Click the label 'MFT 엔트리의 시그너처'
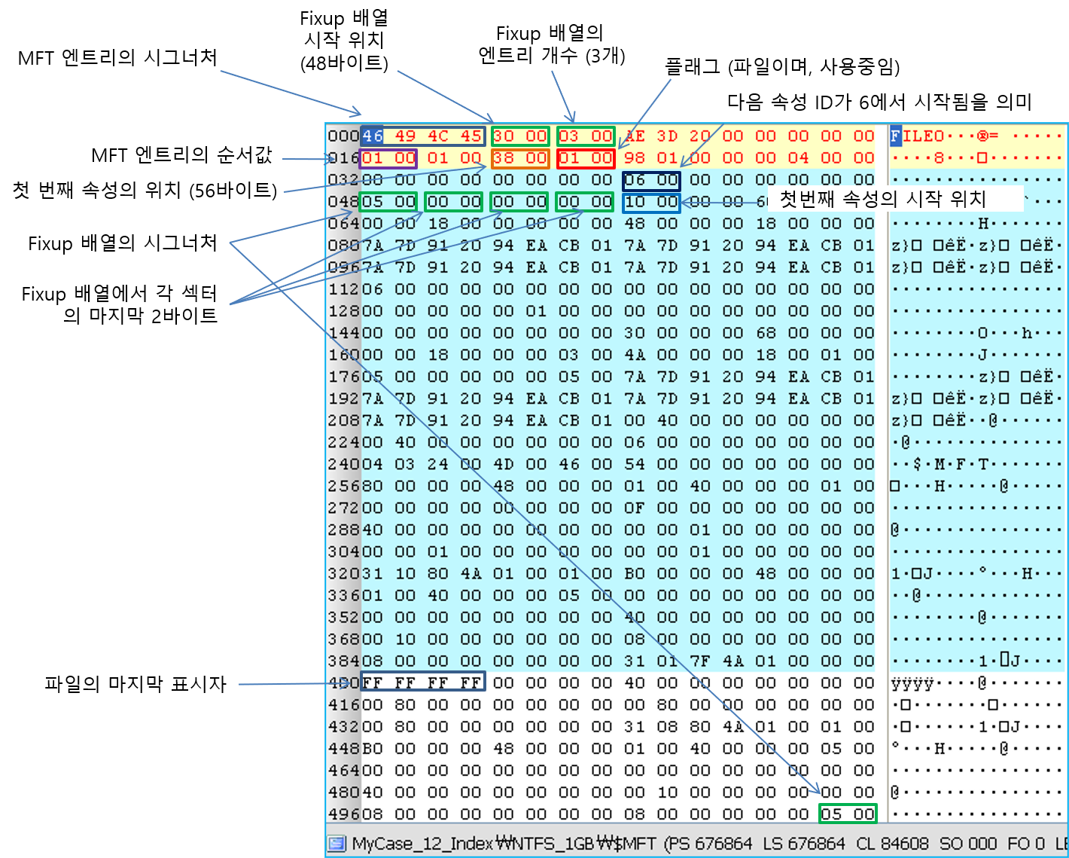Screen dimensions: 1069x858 click(117, 57)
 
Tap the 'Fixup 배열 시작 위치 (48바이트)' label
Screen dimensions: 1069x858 click(344, 41)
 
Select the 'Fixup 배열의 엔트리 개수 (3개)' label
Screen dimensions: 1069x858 click(551, 44)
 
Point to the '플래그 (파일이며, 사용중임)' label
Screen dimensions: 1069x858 click(782, 66)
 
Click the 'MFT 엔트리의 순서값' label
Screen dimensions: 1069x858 click(181, 156)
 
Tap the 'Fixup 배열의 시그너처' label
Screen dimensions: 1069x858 click(123, 243)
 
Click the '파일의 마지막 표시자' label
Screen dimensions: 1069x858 click(136, 684)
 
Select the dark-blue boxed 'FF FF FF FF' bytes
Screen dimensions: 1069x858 click(422, 682)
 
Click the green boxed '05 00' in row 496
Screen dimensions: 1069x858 click(848, 814)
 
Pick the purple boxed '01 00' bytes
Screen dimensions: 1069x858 click(388, 158)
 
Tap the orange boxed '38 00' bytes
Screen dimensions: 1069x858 click(520, 158)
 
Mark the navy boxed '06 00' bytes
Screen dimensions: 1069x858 click(651, 180)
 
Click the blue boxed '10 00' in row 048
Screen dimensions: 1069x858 click(651, 202)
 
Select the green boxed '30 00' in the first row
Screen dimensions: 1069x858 click(520, 136)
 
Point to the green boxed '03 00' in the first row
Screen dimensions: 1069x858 click(586, 136)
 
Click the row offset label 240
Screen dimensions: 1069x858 click(343, 464)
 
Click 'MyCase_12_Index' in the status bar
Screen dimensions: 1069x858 click(422, 844)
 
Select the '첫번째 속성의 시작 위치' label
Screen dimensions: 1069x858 click(882, 199)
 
